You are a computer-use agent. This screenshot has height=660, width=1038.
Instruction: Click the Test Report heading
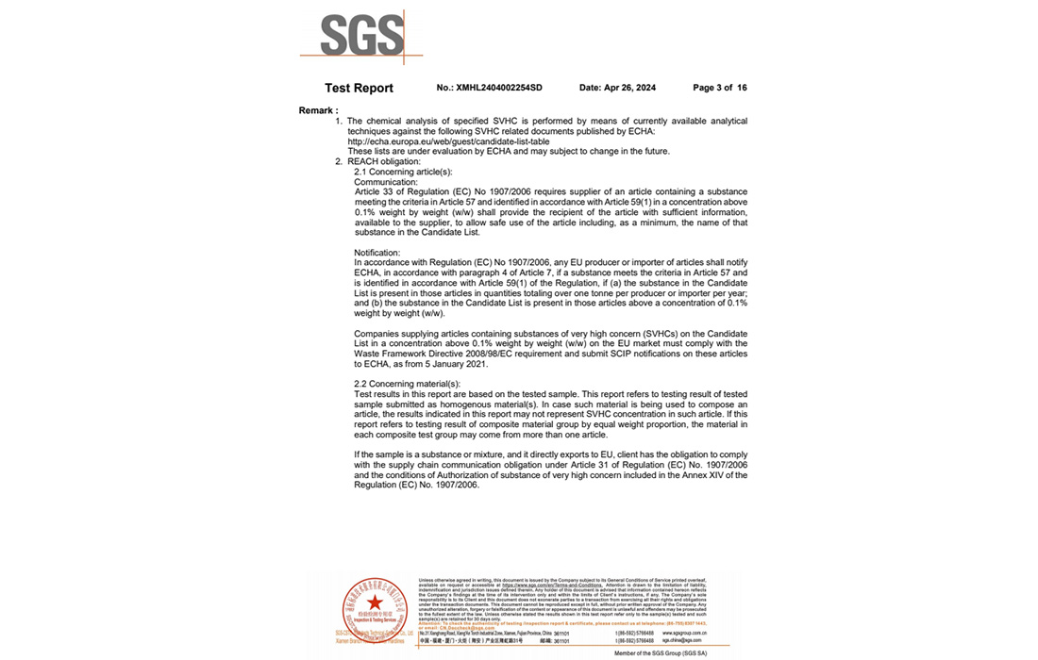(359, 88)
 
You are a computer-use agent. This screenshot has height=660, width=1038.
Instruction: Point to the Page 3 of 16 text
(719, 88)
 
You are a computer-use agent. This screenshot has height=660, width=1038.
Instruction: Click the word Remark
(317, 110)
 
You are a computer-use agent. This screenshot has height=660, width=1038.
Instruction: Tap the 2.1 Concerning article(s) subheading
(403, 172)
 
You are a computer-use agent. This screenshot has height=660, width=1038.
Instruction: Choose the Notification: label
(377, 253)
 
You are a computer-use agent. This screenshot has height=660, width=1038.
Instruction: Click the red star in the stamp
(375, 602)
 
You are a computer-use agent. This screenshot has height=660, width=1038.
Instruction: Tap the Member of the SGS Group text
(660, 652)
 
